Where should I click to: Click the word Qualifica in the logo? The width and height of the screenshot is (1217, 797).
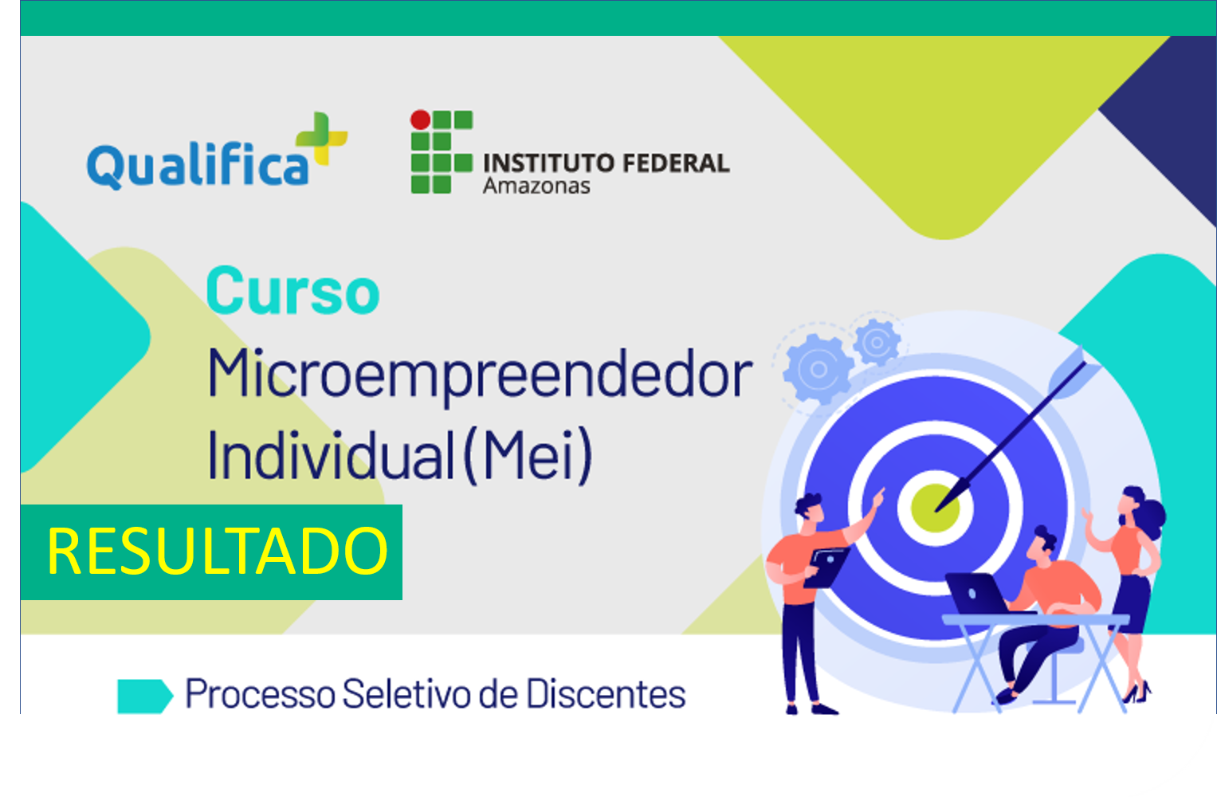(x=197, y=166)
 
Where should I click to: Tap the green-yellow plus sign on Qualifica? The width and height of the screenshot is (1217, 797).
(x=322, y=138)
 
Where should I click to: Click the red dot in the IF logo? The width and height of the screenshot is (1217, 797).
(x=421, y=120)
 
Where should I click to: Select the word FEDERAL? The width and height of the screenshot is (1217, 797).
(x=676, y=163)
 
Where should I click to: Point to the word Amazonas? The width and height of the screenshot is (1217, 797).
(x=536, y=186)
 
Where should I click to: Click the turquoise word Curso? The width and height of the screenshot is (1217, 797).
(x=292, y=291)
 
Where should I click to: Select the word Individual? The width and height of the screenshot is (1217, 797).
(x=331, y=455)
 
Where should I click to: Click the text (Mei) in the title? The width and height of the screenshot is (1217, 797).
(x=528, y=455)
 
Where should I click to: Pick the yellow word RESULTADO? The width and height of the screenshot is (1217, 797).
(x=218, y=552)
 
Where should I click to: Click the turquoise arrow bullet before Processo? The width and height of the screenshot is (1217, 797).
(x=145, y=696)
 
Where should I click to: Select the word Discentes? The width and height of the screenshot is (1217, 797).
(x=606, y=693)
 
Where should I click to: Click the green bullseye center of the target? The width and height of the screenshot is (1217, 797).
(x=935, y=508)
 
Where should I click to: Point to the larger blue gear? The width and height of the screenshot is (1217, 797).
(x=819, y=370)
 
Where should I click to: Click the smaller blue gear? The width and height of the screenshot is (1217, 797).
(x=877, y=342)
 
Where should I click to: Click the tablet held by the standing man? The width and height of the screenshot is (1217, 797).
(x=826, y=567)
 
